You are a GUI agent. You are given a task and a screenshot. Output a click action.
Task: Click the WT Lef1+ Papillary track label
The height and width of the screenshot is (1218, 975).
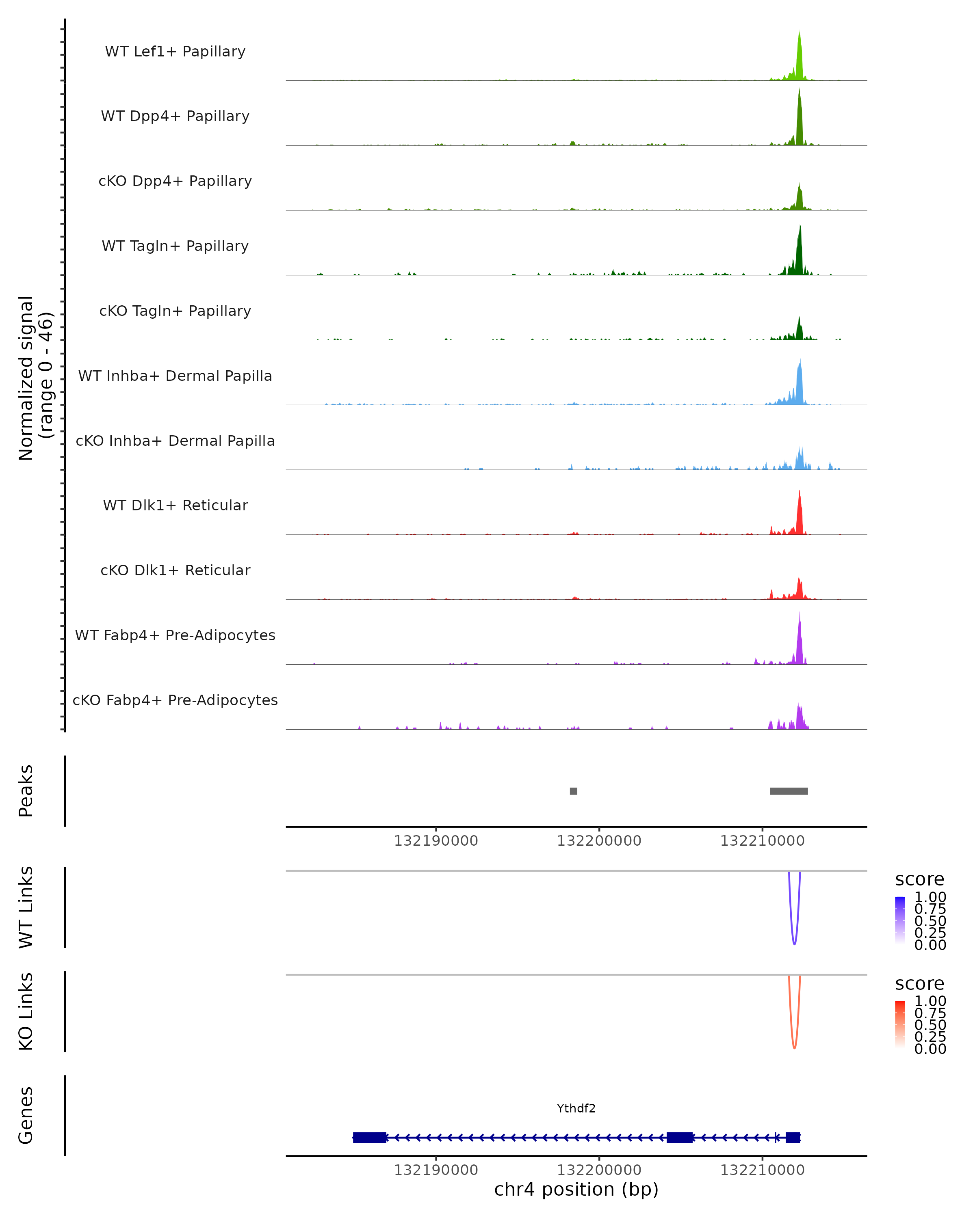pos(175,52)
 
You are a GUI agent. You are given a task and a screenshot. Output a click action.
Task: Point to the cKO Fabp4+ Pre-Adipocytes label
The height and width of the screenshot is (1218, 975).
pos(175,700)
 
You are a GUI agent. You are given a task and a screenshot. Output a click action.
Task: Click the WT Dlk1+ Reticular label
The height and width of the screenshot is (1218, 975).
pos(175,505)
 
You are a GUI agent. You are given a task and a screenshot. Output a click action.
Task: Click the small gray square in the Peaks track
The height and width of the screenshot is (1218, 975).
pos(573,791)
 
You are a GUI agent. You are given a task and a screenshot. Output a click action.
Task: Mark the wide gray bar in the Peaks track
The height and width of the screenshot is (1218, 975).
pos(789,791)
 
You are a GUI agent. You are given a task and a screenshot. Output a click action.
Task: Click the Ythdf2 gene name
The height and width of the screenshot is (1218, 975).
pos(576,1108)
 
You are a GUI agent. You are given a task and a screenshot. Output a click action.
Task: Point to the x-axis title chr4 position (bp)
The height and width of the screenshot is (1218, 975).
pos(576,1189)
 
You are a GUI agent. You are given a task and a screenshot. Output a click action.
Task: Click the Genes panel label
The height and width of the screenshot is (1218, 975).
pos(26,1115)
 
